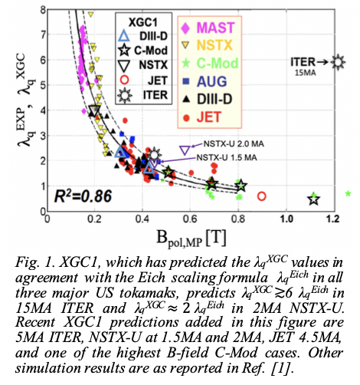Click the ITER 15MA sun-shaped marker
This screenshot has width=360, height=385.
(x=338, y=62)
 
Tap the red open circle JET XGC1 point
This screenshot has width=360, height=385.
(x=262, y=196)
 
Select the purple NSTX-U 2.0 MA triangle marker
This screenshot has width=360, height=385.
(x=185, y=150)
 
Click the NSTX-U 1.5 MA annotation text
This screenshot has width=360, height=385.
(x=227, y=157)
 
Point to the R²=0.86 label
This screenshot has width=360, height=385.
(x=83, y=196)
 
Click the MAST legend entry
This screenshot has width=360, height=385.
(x=208, y=28)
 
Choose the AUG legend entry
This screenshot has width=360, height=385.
(x=205, y=81)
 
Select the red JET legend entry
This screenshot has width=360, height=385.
(x=202, y=117)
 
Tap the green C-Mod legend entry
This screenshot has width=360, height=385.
(x=210, y=63)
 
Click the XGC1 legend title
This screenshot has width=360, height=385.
(x=143, y=22)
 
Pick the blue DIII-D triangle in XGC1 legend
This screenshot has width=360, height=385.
(x=124, y=36)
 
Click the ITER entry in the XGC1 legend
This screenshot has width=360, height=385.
(x=143, y=95)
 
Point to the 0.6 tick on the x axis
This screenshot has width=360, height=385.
(x=191, y=219)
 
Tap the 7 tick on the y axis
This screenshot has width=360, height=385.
(x=43, y=35)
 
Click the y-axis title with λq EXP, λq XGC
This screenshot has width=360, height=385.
(x=25, y=100)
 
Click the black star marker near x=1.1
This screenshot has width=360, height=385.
(x=314, y=199)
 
